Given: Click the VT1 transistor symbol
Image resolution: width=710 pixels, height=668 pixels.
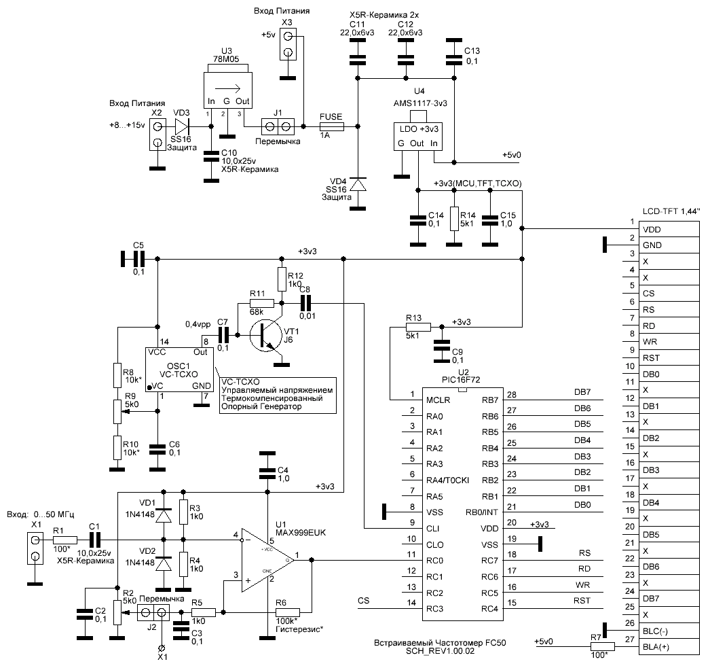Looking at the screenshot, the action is (265, 336).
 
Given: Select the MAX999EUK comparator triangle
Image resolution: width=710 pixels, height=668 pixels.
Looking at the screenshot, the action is (267, 560).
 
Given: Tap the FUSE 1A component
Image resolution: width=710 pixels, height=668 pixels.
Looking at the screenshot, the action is (331, 126).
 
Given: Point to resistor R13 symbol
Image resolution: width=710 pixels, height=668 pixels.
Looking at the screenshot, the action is (418, 327).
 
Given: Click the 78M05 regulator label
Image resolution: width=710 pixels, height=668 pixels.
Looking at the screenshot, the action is (226, 59).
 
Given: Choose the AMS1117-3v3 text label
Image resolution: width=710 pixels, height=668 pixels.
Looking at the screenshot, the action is (420, 103).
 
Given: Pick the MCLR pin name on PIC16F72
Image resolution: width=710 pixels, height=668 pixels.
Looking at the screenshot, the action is (438, 400).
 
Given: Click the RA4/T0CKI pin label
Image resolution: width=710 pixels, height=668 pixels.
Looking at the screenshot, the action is (447, 480).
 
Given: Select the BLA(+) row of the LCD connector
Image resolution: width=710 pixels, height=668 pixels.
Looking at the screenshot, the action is (669, 647).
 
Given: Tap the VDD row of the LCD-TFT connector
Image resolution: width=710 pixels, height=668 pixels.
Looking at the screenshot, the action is (669, 229).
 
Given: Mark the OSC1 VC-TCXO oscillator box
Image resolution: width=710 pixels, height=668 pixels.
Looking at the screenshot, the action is (179, 370).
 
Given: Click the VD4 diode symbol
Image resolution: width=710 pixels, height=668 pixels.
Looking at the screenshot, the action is (358, 184).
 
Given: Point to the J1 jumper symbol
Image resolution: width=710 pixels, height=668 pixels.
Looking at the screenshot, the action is (278, 126).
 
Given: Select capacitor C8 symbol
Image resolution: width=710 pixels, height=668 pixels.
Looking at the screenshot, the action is (306, 302).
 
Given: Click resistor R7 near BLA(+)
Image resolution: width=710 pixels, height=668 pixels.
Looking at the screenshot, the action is (602, 647).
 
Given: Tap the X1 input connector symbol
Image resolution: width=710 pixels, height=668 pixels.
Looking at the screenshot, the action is (35, 548).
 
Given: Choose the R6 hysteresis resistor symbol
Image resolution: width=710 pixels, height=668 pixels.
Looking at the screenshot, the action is (287, 612).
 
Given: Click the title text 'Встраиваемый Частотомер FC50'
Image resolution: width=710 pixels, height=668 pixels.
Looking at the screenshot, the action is (440, 643).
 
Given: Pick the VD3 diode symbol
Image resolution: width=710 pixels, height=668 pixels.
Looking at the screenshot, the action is (182, 126).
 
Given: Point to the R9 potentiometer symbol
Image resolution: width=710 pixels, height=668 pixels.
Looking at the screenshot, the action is (117, 412).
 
